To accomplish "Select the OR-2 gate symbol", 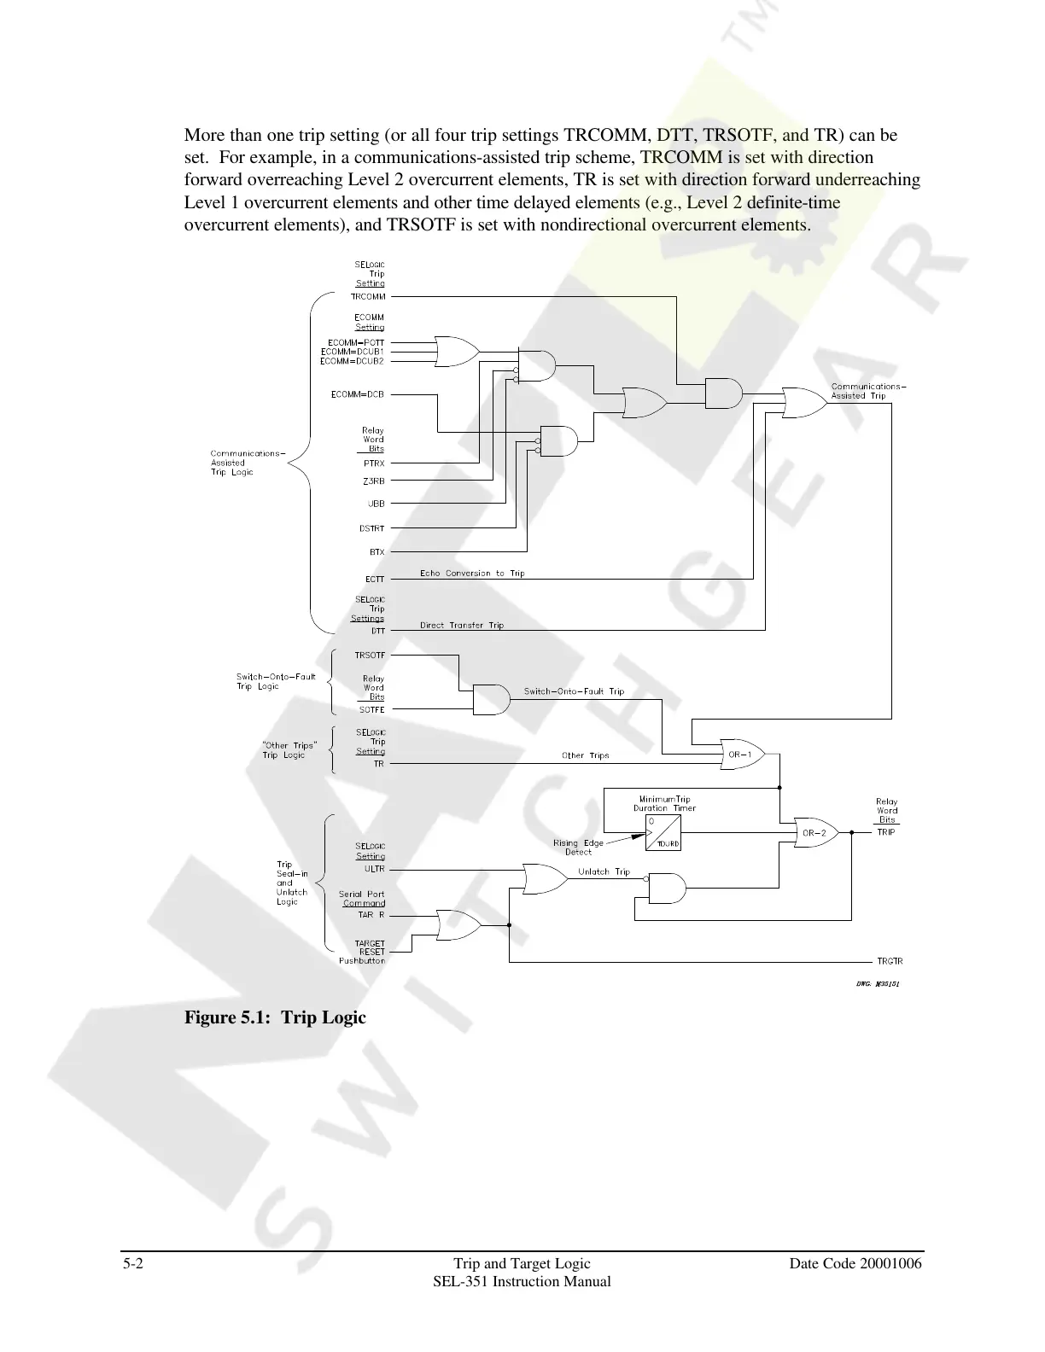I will click(x=814, y=832).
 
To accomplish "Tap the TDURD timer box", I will click(x=663, y=832).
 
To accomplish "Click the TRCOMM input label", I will click(x=368, y=297).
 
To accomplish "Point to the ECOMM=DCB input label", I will click(x=358, y=394).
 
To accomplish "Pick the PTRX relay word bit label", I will click(x=374, y=463).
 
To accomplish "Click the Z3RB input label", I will click(x=374, y=481).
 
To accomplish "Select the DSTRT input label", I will click(x=371, y=529).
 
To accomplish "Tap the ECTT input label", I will click(x=375, y=580).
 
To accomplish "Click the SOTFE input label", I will click(x=371, y=710).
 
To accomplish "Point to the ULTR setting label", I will click(x=375, y=869).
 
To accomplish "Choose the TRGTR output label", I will click(x=890, y=962).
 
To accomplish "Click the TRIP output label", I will click(x=886, y=832).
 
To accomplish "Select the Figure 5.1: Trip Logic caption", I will click(x=275, y=1017).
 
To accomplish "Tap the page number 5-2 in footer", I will click(x=132, y=1263).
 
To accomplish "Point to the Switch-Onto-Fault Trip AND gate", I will click(x=491, y=699).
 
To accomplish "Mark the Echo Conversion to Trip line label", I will click(x=472, y=574).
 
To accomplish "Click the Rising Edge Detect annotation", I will click(x=578, y=848).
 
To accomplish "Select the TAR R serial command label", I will click(x=371, y=915).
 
